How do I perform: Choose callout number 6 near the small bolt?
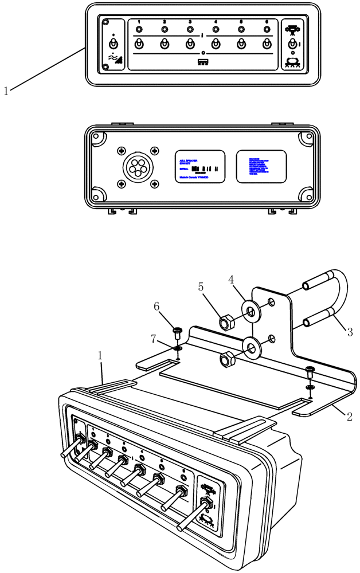point(156,307)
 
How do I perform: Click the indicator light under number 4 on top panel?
point(216,30)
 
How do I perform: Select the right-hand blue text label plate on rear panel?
point(261,166)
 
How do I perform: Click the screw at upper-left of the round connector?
point(122,150)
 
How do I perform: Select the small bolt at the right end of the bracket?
point(310,370)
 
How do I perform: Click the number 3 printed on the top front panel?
point(190,22)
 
